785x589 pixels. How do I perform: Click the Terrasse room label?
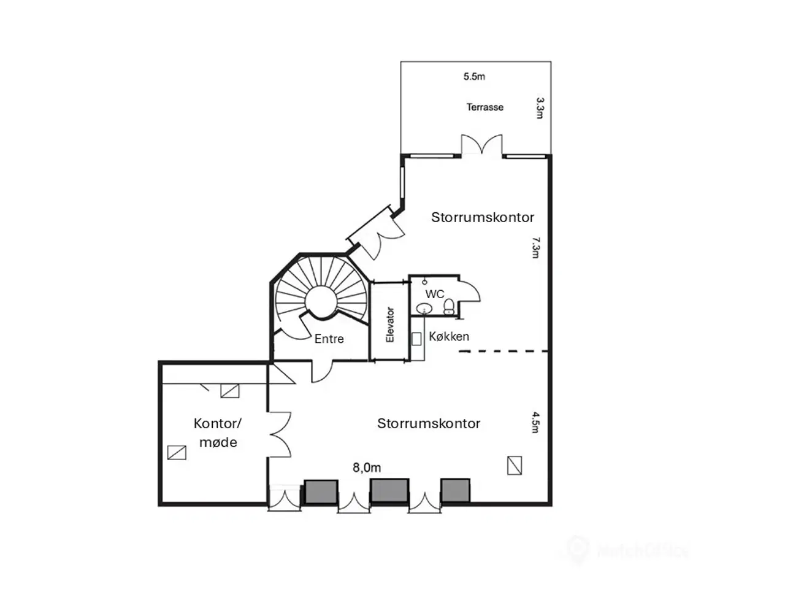484,107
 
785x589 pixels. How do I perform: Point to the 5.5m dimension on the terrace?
474,77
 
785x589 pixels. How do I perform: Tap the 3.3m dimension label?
540,107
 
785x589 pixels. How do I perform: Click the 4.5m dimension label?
535,423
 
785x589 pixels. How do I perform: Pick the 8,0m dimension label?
367,468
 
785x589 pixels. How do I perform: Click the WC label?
435,294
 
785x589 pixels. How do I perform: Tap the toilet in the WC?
450,306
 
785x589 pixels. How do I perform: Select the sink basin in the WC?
424,308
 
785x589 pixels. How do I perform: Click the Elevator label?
389,325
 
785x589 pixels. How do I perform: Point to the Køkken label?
449,336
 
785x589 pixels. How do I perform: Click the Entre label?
329,339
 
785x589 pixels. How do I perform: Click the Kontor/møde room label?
218,433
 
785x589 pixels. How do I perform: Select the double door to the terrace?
482,146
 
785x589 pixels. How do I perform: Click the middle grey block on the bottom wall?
389,491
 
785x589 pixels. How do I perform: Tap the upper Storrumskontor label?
483,217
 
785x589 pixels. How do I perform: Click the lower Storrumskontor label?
429,423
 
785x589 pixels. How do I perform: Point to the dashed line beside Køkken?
503,352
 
